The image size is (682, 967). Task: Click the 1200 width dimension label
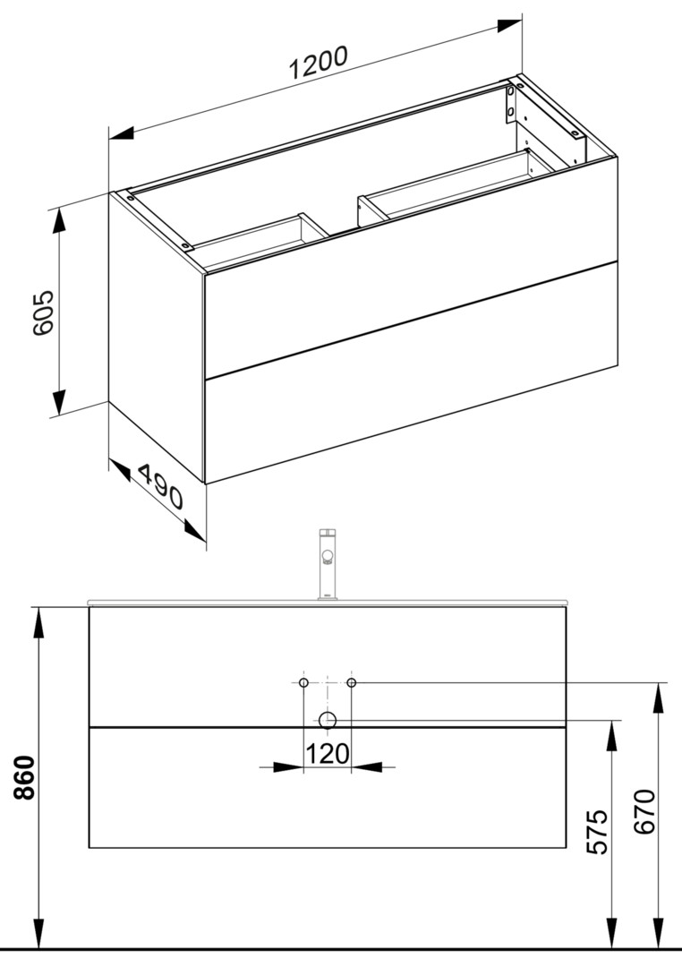319,63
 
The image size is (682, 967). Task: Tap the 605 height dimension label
44,312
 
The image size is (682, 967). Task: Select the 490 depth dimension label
160,486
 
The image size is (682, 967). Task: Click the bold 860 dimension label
25,776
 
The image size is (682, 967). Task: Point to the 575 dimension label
596,833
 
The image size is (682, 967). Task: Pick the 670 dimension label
645,811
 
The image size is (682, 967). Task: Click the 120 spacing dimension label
328,753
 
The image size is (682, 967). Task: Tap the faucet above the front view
327,564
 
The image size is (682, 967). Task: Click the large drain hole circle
328,719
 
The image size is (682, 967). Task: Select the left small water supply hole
303,682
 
